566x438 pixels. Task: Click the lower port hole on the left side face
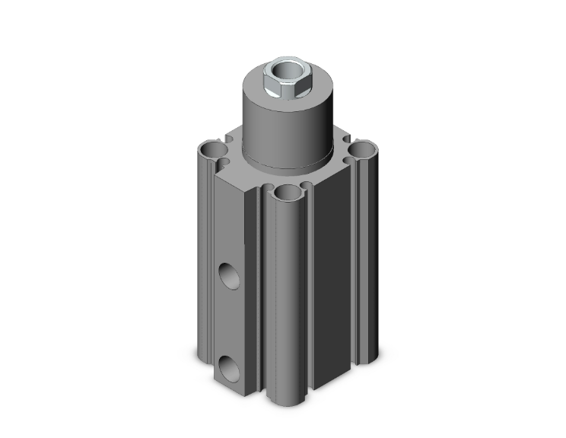pos(228,365)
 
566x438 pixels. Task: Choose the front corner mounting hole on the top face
pos(288,193)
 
